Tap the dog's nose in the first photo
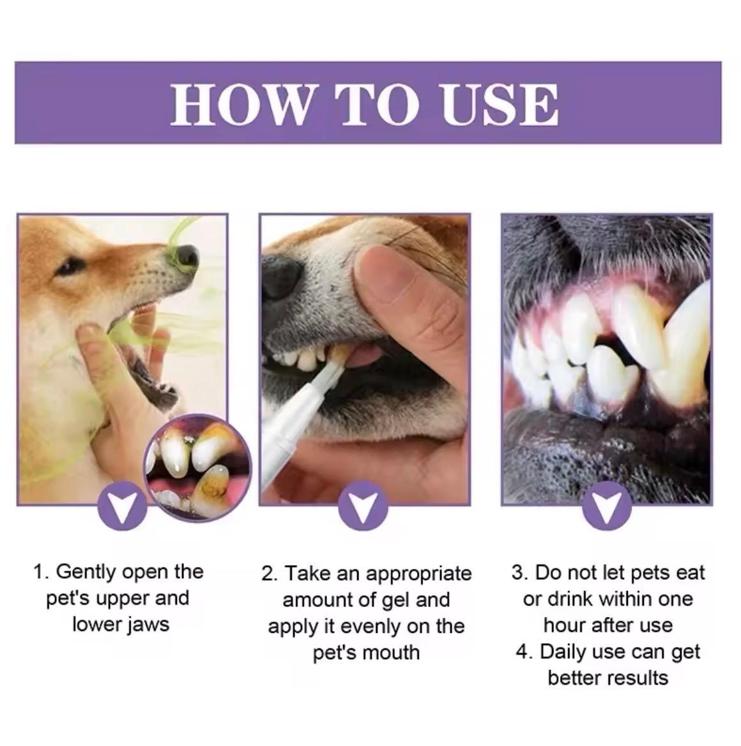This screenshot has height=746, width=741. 184,255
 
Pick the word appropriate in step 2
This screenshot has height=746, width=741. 418,574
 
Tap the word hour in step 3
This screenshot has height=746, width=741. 565,625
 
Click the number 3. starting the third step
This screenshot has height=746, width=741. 520,572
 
